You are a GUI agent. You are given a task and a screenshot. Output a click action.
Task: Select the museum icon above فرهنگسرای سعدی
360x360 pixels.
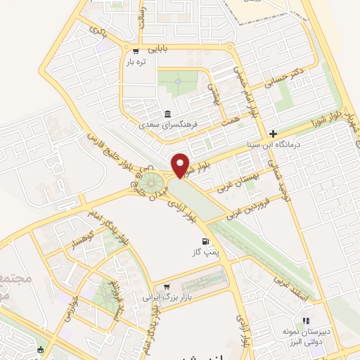click(167, 114)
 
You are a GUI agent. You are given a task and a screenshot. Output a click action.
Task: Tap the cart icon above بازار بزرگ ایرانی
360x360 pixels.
click(167, 287)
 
